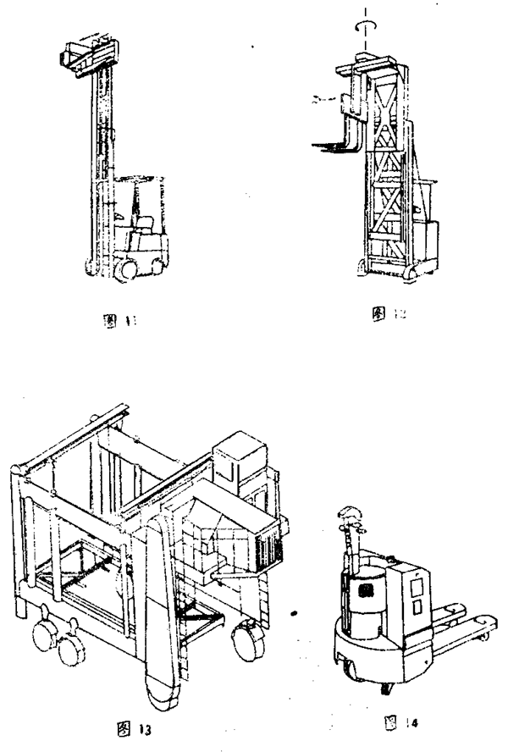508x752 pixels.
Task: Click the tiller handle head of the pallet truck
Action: coord(349,511)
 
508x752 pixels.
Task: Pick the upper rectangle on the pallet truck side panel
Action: coord(416,585)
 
